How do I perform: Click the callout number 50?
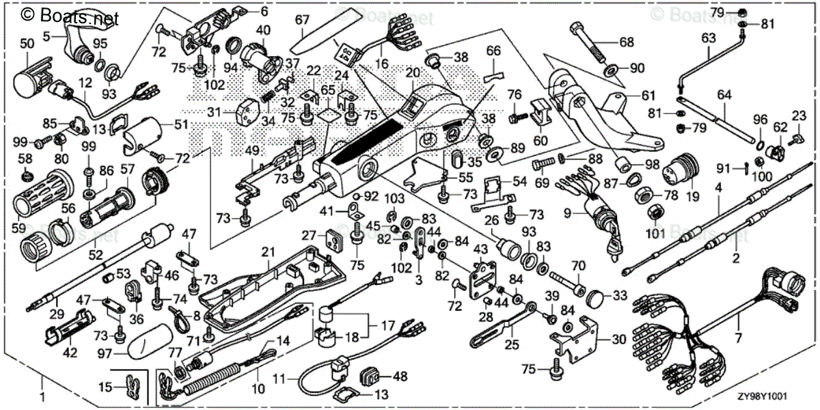click(x=27, y=43)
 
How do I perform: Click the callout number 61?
click(x=648, y=95)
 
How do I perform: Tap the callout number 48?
click(x=400, y=375)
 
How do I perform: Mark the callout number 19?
click(x=693, y=197)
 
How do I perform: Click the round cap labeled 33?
click(x=597, y=297)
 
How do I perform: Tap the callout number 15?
click(x=104, y=387)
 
